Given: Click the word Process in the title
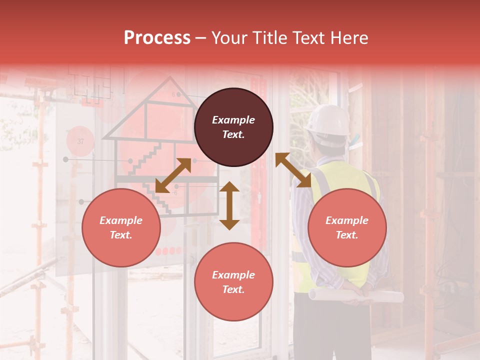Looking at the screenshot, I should point(157,38).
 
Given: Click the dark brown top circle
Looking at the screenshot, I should point(233,127).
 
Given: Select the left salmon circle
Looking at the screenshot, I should point(121,227).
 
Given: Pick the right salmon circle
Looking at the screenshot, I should point(347,227).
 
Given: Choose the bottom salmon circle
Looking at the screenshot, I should point(233,282).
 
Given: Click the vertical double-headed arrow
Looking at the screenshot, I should point(229,205).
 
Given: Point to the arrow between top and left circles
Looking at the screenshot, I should point(173,175).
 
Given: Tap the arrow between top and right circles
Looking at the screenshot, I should point(293,170).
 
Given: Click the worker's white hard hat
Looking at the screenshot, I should point(328,120).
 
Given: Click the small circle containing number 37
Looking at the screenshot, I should point(80,141).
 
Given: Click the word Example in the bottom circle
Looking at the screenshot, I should point(233,275).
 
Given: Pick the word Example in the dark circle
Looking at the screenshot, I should point(233,120).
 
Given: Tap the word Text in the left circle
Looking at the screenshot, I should point(121,235).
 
